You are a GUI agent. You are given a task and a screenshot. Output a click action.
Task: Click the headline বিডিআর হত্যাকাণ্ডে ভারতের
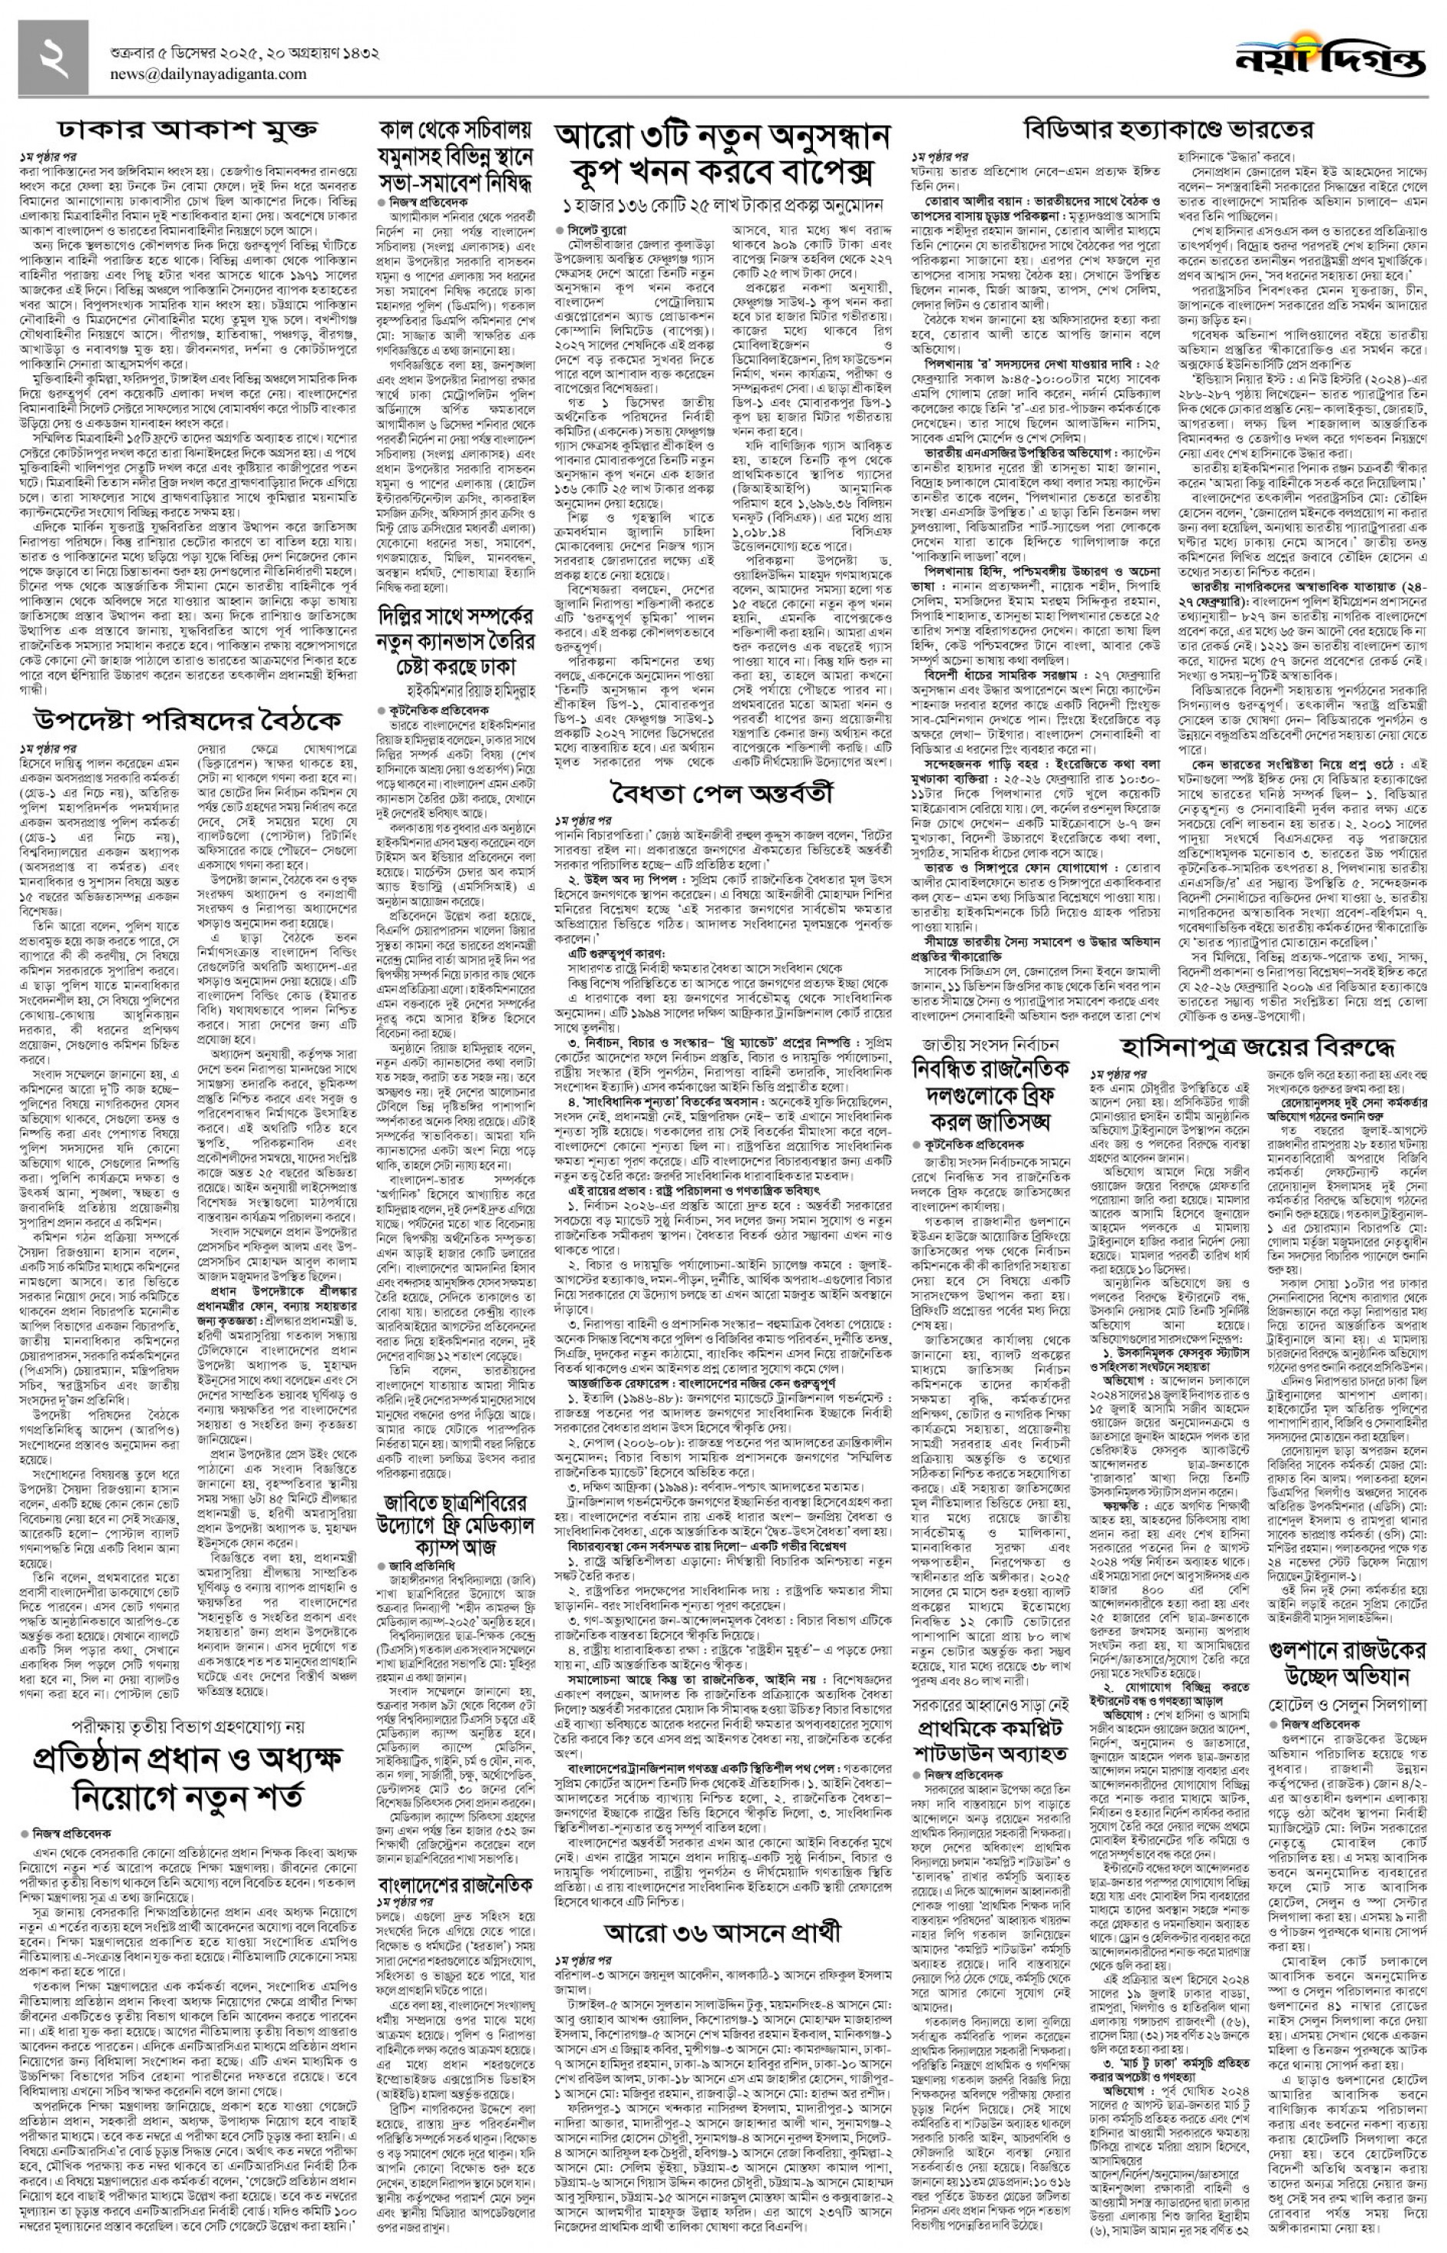(x=1169, y=130)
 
